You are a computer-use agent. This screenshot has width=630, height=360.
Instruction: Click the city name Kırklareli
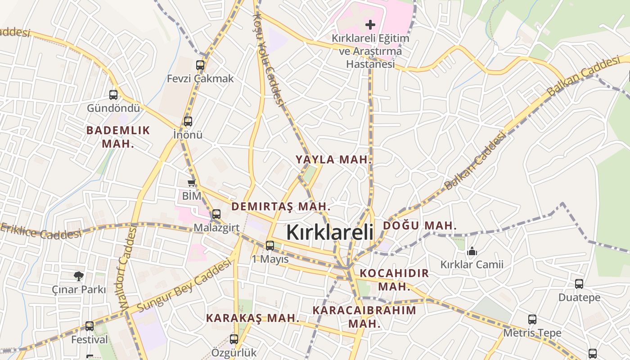330,233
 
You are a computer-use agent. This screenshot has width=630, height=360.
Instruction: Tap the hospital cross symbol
370,24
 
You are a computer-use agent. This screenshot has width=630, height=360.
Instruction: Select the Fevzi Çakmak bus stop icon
200,65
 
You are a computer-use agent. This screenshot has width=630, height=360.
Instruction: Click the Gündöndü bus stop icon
113,95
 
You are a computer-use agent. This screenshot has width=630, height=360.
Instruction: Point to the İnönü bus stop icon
188,121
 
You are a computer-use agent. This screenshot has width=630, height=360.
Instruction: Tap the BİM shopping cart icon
192,183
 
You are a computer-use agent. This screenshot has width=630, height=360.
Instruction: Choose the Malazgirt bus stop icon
216,214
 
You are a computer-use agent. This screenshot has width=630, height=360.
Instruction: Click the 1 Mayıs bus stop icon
270,246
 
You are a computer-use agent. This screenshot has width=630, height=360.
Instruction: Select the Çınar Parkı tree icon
79,276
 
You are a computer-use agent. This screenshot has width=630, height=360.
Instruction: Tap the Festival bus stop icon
90,326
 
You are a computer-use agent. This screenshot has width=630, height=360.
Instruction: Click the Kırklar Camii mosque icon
472,251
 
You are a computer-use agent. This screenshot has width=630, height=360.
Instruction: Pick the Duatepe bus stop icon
579,284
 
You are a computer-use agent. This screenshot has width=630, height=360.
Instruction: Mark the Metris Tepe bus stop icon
532,320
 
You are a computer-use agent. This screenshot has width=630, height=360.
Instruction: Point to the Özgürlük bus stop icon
234,339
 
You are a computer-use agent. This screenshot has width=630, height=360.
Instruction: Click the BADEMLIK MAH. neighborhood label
118,137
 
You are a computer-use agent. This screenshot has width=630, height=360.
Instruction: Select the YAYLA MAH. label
334,159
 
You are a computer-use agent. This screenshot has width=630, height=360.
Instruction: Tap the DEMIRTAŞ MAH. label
281,207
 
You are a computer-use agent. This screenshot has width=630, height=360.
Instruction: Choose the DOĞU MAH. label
420,225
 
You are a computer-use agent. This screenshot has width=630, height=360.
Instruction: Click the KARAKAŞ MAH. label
252,318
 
